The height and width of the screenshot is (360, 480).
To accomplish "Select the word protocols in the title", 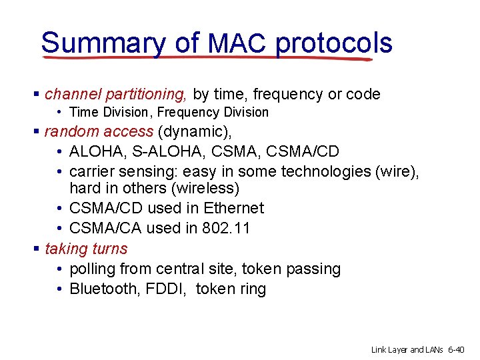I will coord(333,43).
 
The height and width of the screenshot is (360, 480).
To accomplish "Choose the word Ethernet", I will coord(233,208).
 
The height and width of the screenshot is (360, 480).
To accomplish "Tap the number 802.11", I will coord(226,228).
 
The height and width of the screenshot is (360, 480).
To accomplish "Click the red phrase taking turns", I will coord(86,249).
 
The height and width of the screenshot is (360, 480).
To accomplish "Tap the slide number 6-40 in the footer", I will coord(459,350).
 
